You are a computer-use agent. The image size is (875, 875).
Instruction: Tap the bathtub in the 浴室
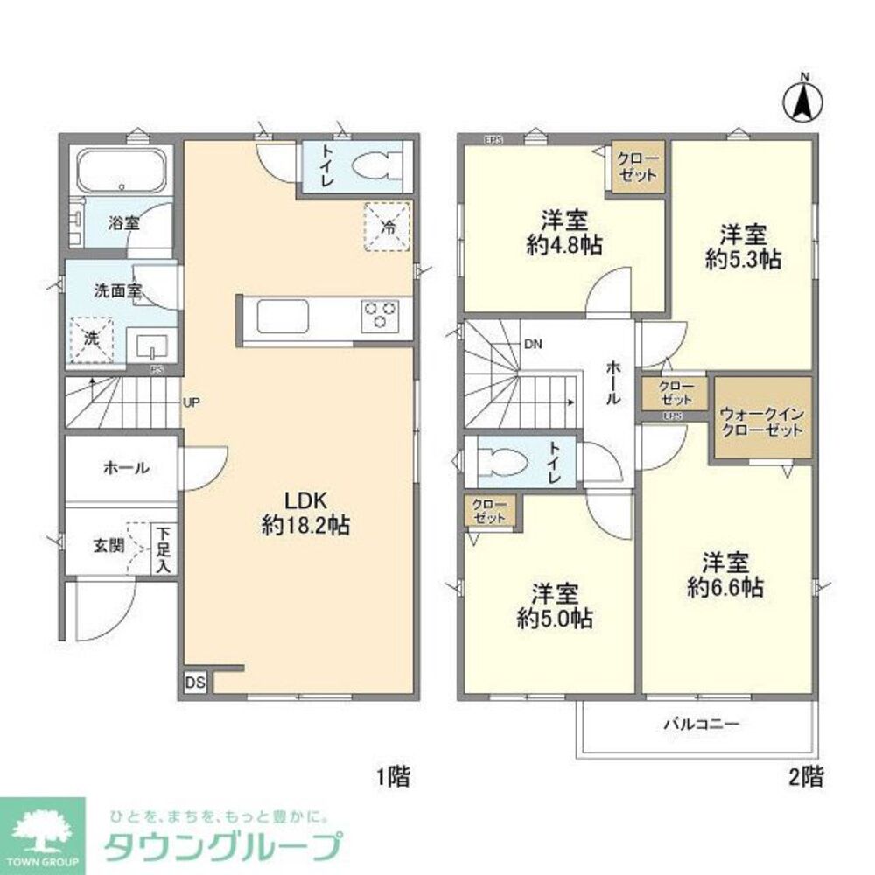pyautogui.click(x=121, y=170)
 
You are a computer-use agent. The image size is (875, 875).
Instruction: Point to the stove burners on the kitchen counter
pyautogui.click(x=381, y=314)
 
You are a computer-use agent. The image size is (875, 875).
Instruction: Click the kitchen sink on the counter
pyautogui.click(x=281, y=315)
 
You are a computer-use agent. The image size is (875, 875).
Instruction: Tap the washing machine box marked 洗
pyautogui.click(x=91, y=337)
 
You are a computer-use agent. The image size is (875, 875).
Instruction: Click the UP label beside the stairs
pyautogui.click(x=192, y=403)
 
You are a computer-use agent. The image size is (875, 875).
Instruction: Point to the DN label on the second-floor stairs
pyautogui.click(x=533, y=344)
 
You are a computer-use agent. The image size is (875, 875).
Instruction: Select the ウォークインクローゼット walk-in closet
pyautogui.click(x=760, y=422)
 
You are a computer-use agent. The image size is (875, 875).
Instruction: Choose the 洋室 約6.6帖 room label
pyautogui.click(x=724, y=574)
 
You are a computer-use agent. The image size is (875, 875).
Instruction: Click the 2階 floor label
pyautogui.click(x=806, y=775)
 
